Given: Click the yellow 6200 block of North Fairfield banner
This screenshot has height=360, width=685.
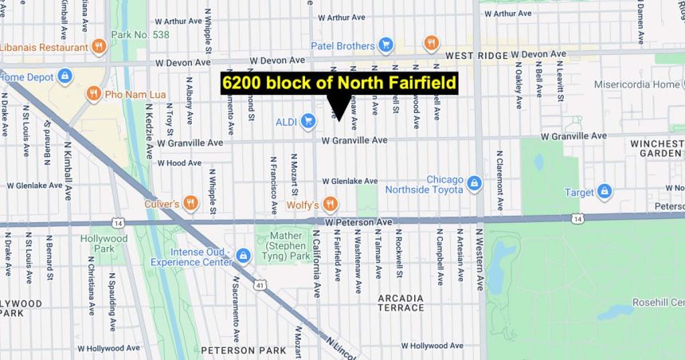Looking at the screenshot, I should (339, 83).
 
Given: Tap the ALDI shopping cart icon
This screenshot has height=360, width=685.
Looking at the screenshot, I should (308, 121).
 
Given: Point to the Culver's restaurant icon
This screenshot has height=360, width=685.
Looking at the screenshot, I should (190, 203).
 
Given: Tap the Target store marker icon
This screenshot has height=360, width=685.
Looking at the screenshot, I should (605, 191).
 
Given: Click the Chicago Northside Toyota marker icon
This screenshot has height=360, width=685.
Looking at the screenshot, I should (475, 184).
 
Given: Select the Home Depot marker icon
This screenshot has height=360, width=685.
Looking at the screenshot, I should (65, 76).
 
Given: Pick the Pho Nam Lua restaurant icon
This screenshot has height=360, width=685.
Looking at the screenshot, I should (94, 94).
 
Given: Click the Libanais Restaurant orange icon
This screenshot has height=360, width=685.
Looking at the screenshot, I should (99, 45).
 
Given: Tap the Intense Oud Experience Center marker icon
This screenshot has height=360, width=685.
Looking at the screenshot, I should (243, 256).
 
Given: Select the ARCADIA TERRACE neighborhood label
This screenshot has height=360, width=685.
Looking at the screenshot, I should (401, 303).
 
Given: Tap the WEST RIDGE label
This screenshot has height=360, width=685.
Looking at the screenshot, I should (476, 55).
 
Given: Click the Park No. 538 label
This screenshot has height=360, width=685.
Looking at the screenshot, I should (140, 35).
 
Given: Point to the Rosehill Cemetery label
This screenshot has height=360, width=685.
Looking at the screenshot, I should (658, 302).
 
